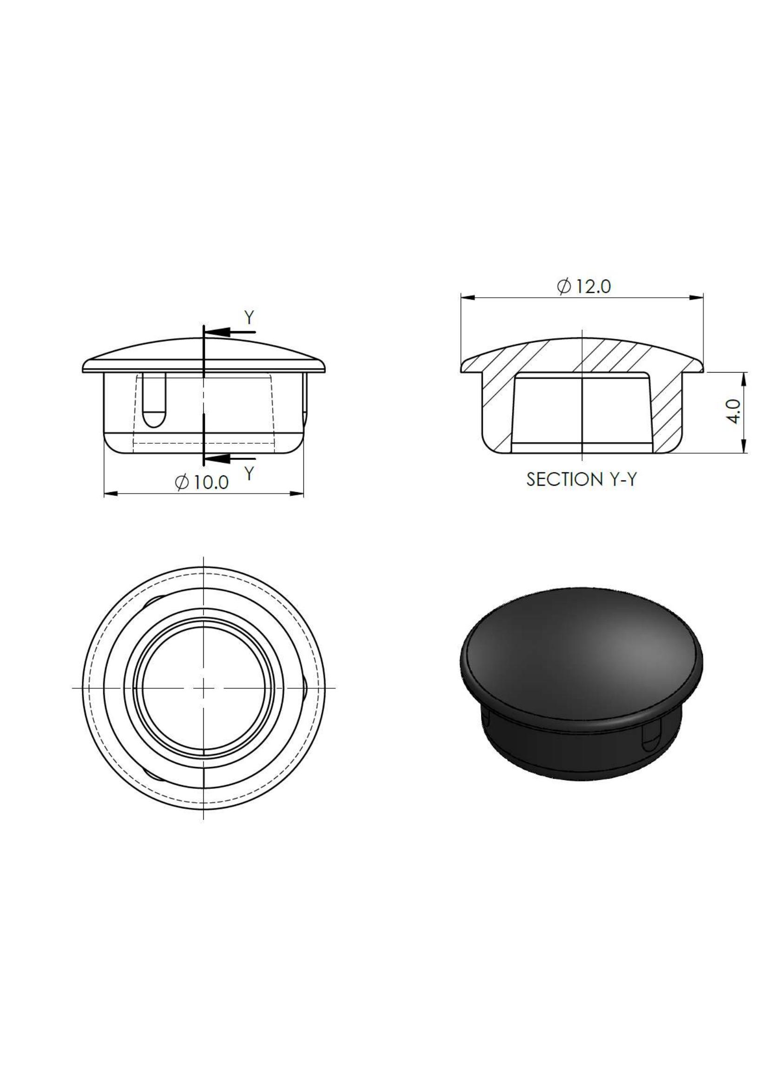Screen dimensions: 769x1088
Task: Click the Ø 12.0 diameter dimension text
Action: click(x=584, y=287)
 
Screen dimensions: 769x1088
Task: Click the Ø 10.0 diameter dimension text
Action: click(x=202, y=482)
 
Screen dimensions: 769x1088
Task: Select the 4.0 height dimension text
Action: click(x=734, y=411)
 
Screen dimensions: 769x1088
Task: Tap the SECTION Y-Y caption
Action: click(x=582, y=480)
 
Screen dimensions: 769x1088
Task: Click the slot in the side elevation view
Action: click(x=154, y=400)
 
